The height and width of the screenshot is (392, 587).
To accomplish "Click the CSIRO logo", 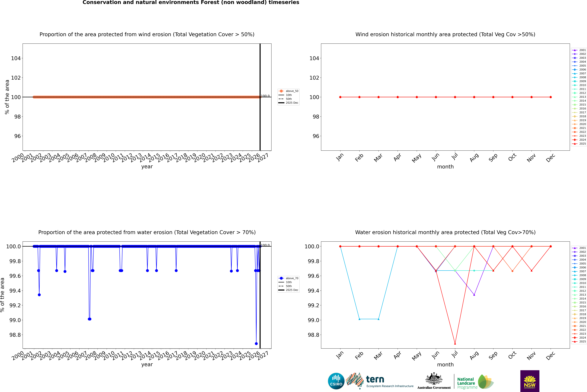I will (336, 381).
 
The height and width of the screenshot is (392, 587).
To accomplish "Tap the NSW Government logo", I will (530, 381).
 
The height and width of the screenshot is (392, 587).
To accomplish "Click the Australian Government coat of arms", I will (434, 379).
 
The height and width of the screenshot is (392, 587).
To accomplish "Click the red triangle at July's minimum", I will (455, 343).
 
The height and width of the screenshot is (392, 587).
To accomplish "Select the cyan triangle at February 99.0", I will (359, 319).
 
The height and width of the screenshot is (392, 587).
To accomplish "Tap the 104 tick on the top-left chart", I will (16, 58).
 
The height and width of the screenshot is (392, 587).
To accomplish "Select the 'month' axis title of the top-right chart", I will (445, 167).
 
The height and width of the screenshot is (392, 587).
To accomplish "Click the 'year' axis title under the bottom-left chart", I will (147, 365).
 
